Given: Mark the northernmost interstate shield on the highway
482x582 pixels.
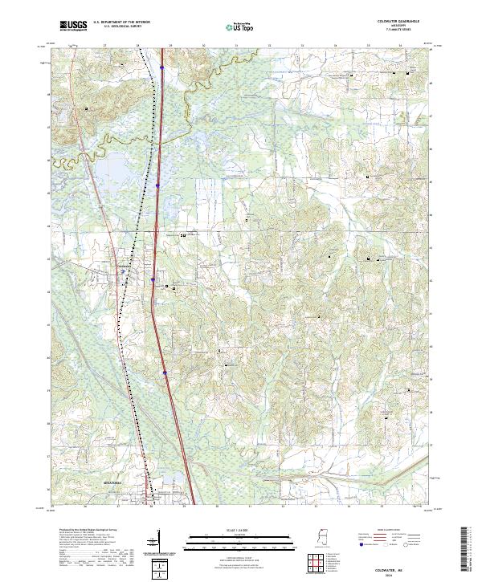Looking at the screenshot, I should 161,68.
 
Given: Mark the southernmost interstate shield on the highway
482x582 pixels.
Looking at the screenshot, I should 165,372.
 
